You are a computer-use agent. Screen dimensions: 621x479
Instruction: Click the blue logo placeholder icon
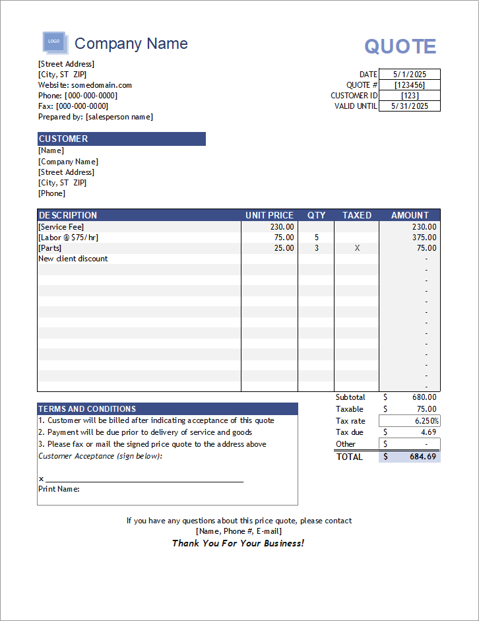pyautogui.click(x=53, y=42)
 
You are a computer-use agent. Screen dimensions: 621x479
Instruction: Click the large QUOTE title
pyautogui.click(x=400, y=46)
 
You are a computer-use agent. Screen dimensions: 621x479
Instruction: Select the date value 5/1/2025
pyautogui.click(x=409, y=75)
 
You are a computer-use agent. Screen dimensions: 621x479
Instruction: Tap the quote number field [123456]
pyautogui.click(x=409, y=85)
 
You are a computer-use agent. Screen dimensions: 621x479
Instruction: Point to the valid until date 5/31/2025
pyautogui.click(x=409, y=106)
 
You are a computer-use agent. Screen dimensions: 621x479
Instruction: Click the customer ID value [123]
pyautogui.click(x=409, y=96)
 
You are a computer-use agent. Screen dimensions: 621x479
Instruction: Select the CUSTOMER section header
pyautogui.click(x=63, y=139)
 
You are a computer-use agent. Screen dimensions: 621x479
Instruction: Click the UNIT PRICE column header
pyautogui.click(x=269, y=215)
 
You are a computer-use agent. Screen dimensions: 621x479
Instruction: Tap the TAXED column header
pyautogui.click(x=357, y=215)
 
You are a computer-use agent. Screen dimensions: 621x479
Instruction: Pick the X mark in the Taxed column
pyautogui.click(x=357, y=248)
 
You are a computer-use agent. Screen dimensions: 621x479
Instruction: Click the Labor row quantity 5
pyautogui.click(x=316, y=238)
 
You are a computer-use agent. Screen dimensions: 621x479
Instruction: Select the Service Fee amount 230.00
pyautogui.click(x=424, y=226)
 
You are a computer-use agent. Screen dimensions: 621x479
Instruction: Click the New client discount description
pyautogui.click(x=73, y=259)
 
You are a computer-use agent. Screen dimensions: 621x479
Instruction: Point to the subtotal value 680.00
pyautogui.click(x=424, y=397)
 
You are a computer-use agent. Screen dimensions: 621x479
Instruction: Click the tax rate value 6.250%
pyautogui.click(x=427, y=421)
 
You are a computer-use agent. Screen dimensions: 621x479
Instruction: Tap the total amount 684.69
pyautogui.click(x=423, y=457)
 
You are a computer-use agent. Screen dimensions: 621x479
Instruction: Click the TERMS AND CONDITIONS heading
pyautogui.click(x=87, y=409)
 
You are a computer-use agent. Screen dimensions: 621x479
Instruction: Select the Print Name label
pyautogui.click(x=59, y=489)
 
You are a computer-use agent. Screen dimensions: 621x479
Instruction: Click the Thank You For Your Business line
pyautogui.click(x=238, y=543)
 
